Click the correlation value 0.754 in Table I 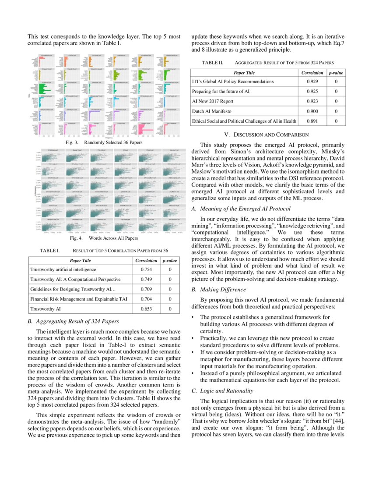coord(146,269)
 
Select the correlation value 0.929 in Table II coord(312,82)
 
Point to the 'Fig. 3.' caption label coord(72,143)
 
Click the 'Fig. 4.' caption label coord(77,238)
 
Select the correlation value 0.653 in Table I coord(146,309)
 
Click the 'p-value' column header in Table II coord(336,73)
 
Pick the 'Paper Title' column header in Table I coord(81,260)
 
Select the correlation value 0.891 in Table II coord(312,121)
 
